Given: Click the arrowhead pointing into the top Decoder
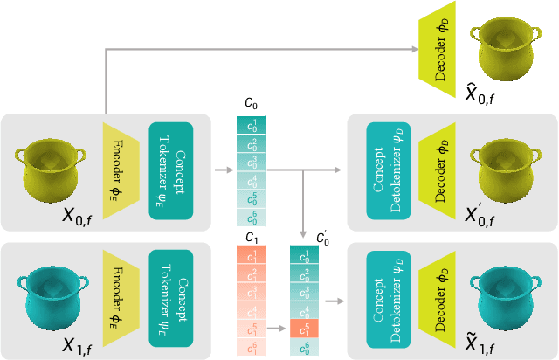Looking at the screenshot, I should (418, 51).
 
